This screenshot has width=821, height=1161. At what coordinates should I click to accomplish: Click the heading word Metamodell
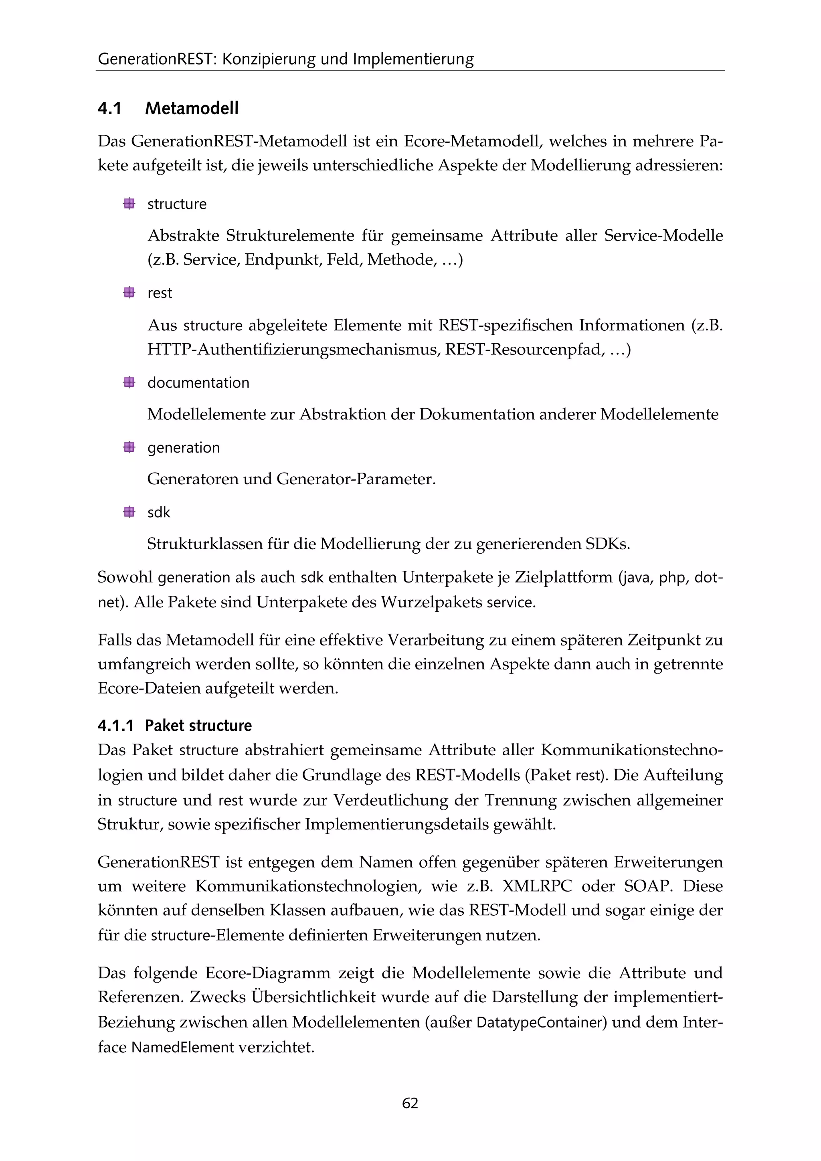(x=192, y=108)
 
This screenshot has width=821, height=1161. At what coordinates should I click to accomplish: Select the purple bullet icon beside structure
(x=129, y=204)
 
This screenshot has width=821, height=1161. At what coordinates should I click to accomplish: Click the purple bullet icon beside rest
(x=129, y=293)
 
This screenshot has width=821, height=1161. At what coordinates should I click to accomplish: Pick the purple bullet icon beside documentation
(x=129, y=382)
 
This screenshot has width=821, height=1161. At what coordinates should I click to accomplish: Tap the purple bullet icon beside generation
(x=129, y=447)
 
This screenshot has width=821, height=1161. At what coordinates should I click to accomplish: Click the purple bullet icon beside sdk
(x=129, y=512)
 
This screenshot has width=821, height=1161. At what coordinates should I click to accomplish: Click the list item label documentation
(x=198, y=383)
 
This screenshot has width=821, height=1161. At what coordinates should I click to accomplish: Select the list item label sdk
(x=159, y=512)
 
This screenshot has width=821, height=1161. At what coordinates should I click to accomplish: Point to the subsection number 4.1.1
(x=115, y=726)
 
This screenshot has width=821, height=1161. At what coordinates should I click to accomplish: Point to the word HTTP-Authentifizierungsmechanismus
(x=293, y=350)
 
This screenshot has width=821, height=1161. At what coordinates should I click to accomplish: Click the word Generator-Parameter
(x=356, y=479)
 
